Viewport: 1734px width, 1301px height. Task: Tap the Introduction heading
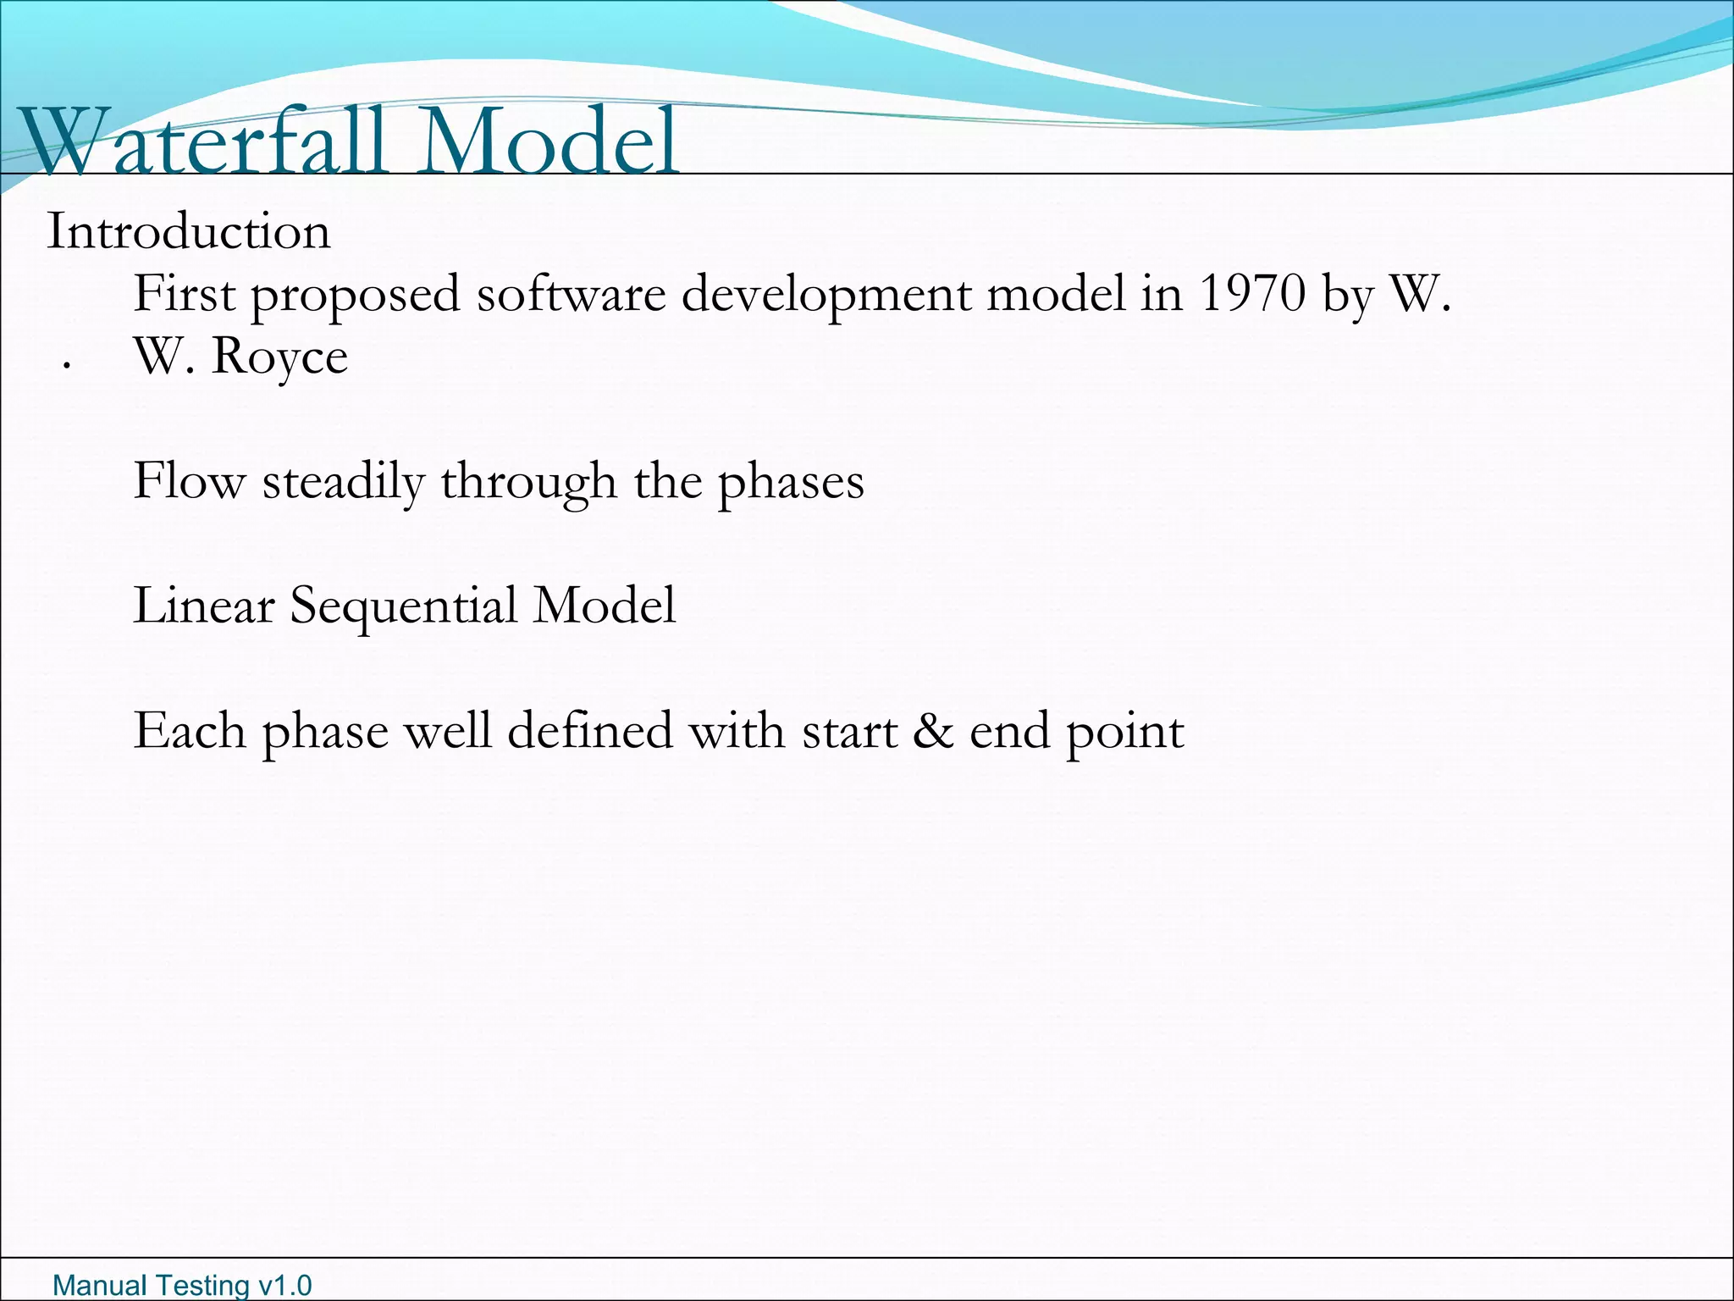click(x=188, y=232)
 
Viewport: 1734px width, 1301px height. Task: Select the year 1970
click(x=1252, y=294)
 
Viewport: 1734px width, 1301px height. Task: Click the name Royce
click(x=279, y=357)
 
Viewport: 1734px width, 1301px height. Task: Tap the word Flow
click(x=189, y=482)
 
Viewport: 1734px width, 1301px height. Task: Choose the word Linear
click(x=204, y=606)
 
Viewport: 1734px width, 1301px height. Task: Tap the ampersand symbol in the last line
click(x=933, y=731)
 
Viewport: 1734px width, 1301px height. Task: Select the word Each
click(x=189, y=731)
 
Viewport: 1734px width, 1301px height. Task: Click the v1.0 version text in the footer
click(x=284, y=1286)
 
